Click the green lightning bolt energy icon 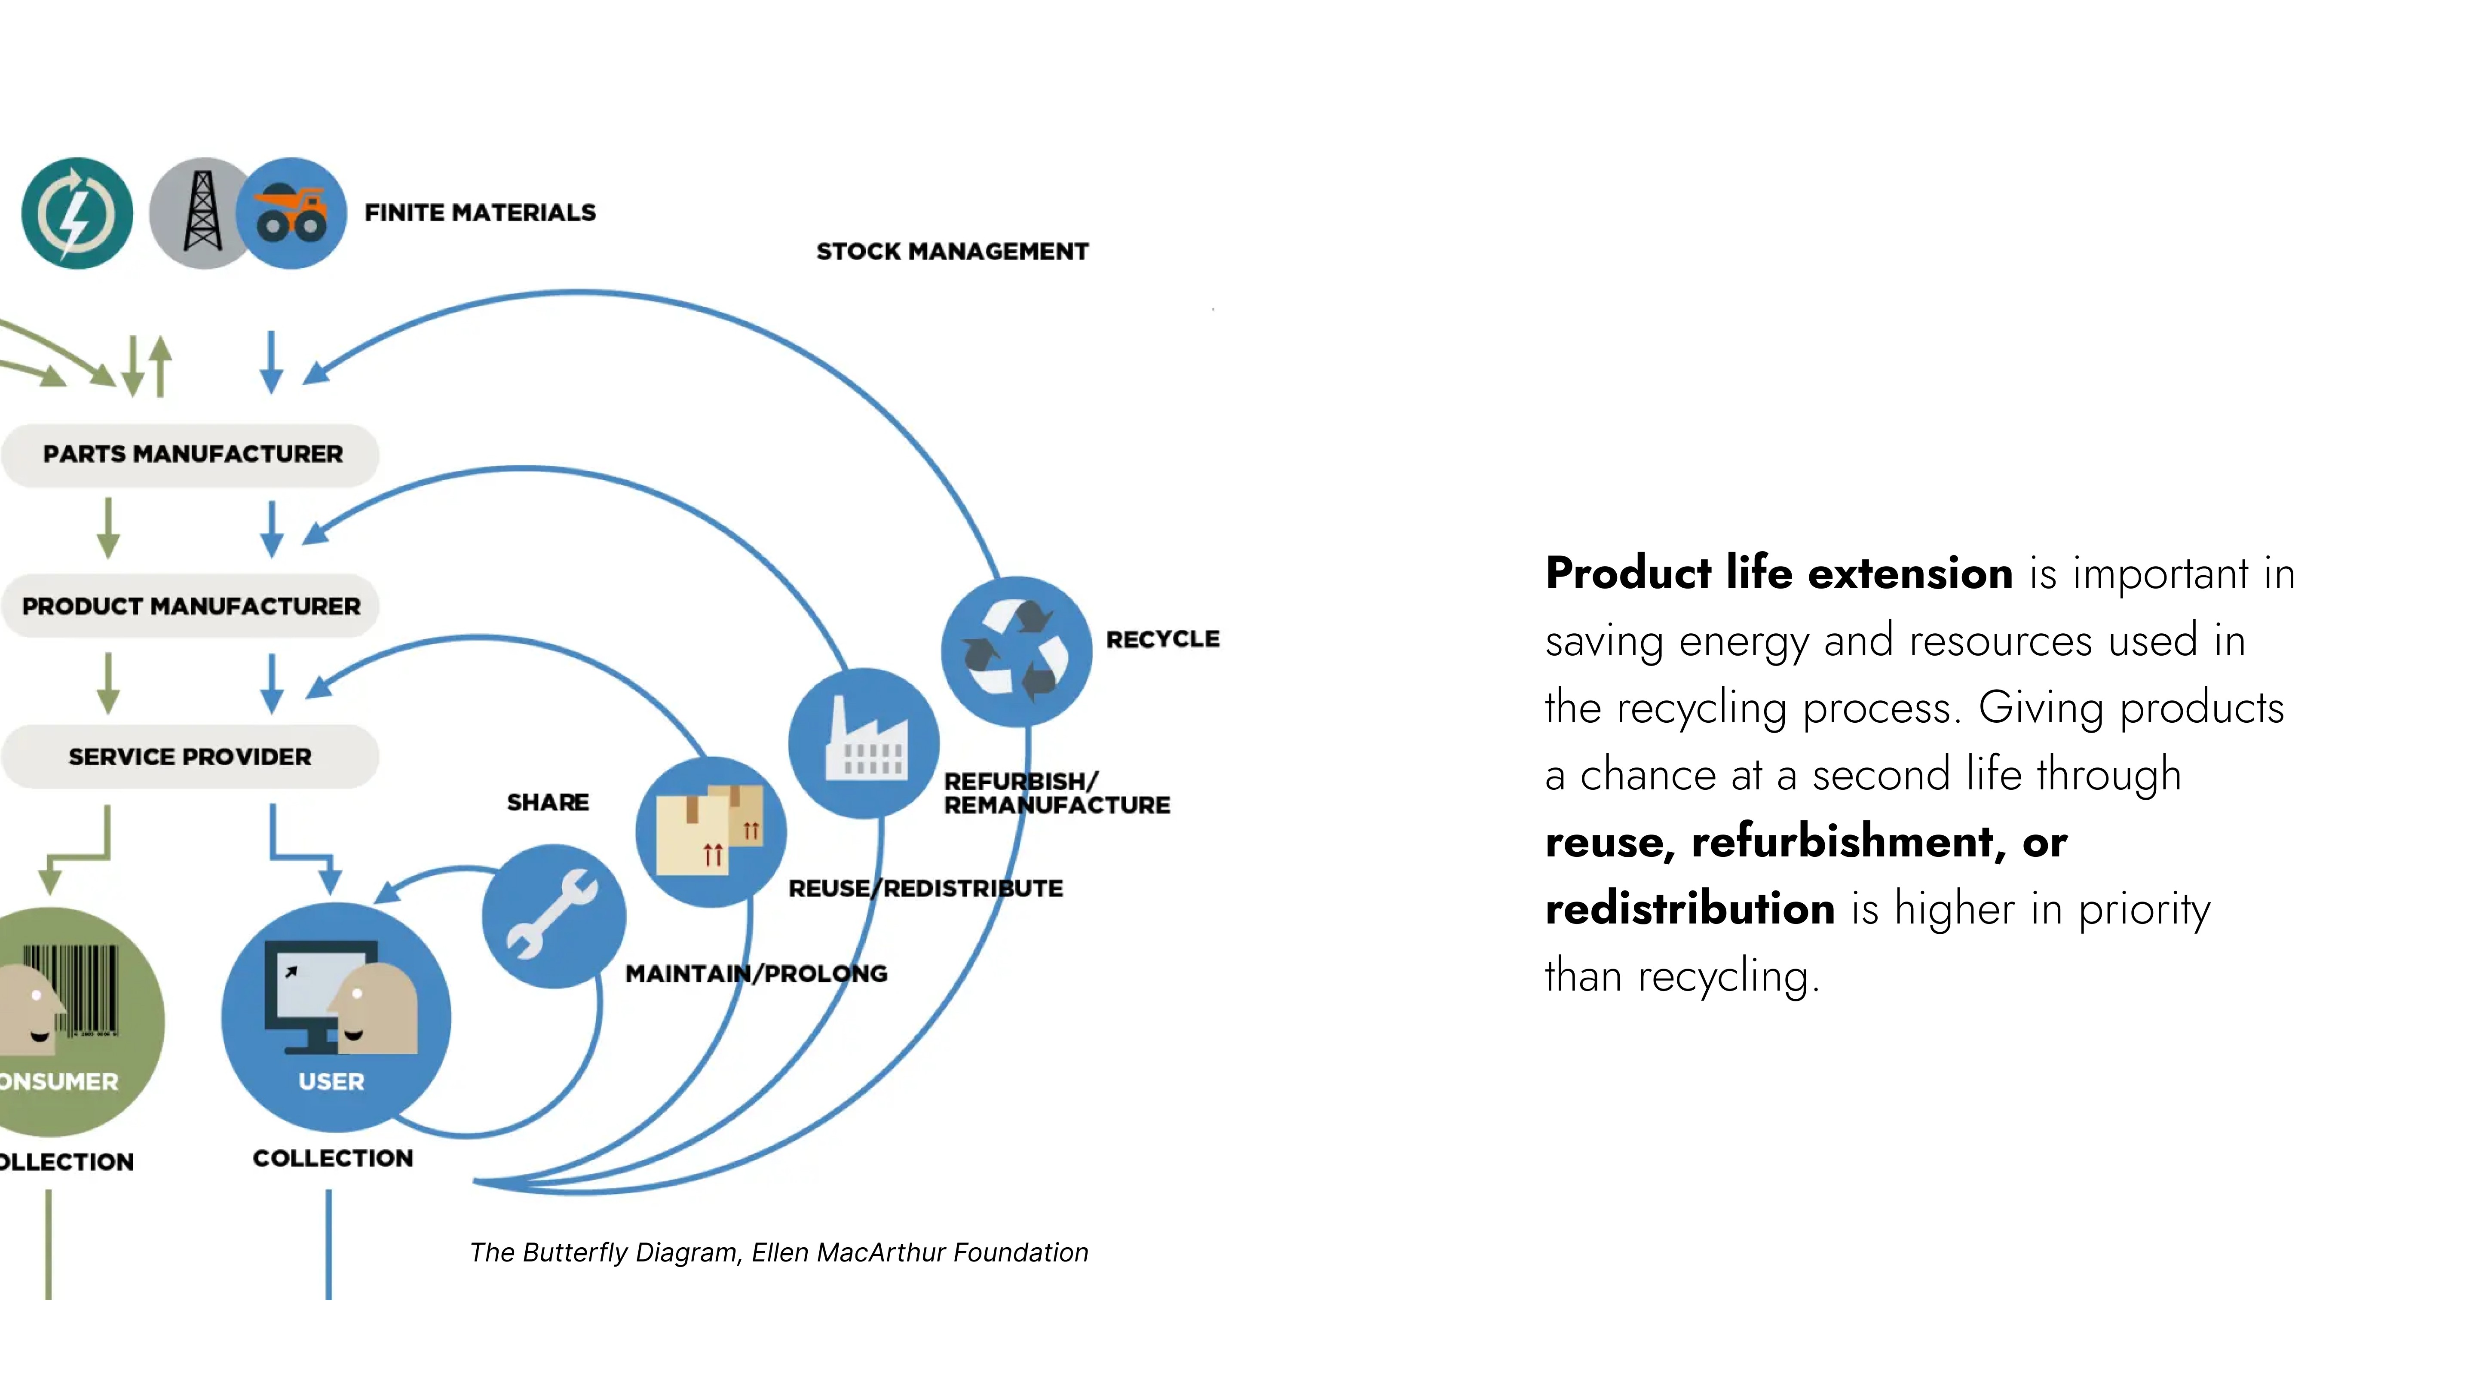tap(77, 213)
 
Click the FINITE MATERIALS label tap(480, 212)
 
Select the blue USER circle tap(335, 1017)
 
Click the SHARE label tap(548, 802)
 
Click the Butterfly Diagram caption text tap(778, 1253)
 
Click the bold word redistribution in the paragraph tap(1690, 908)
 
